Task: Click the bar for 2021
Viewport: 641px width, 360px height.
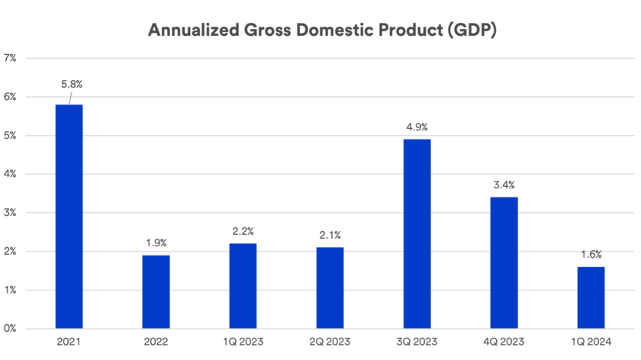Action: click(69, 217)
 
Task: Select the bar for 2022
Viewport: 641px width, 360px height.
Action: click(156, 292)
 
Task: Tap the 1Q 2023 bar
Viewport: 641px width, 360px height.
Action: click(243, 286)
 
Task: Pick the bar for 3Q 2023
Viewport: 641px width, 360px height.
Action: click(417, 233)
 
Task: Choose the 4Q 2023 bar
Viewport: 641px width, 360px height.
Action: click(504, 263)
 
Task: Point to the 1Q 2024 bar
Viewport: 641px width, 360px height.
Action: click(591, 297)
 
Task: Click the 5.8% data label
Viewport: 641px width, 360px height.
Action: click(71, 85)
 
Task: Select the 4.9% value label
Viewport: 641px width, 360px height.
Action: click(417, 126)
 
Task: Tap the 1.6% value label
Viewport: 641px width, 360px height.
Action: click(591, 254)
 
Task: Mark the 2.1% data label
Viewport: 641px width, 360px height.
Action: click(330, 234)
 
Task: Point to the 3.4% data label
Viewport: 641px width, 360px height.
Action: click(504, 184)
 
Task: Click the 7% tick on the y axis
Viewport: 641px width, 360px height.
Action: click(11, 58)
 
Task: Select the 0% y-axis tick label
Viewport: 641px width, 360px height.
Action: click(11, 329)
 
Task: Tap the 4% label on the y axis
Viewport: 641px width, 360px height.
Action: click(11, 174)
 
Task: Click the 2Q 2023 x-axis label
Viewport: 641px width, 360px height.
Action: click(330, 342)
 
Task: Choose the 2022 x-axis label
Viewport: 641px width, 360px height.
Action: click(156, 342)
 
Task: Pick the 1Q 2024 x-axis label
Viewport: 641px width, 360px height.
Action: click(591, 342)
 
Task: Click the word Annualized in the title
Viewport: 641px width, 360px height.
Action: click(191, 31)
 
